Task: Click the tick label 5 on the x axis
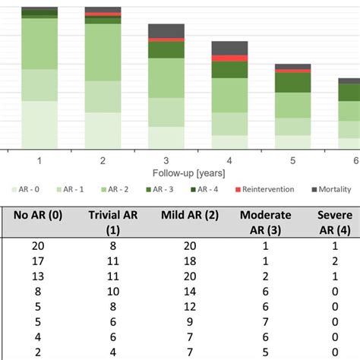(x=292, y=160)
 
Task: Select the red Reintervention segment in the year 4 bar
(x=229, y=58)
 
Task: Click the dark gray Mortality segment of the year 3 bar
(x=166, y=30)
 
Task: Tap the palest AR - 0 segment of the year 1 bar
(x=39, y=125)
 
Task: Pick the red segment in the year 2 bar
(x=103, y=14)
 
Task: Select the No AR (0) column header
(x=38, y=215)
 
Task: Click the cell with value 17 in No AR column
(x=38, y=261)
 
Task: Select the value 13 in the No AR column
(x=38, y=276)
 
